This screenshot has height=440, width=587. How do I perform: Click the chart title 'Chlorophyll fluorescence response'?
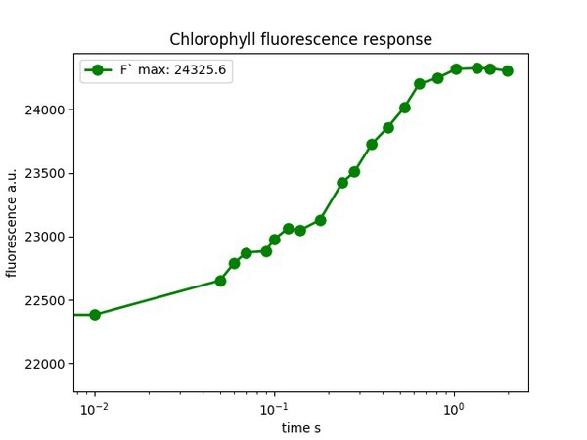[300, 40]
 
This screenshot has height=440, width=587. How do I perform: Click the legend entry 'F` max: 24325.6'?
[158, 71]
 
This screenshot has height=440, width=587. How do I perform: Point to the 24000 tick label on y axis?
[47, 110]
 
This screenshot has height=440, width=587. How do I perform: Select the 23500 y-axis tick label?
[47, 173]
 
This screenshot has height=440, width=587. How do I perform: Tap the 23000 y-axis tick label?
[47, 237]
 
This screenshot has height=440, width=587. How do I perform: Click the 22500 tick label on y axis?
[47, 300]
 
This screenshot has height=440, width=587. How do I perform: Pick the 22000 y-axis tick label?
[47, 364]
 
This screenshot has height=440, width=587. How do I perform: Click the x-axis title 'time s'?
[300, 428]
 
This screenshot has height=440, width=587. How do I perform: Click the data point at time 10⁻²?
[95, 315]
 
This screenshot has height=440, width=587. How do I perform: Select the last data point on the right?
[508, 71]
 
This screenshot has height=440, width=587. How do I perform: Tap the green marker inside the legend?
[98, 71]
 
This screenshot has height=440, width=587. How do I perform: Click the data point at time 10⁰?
[456, 69]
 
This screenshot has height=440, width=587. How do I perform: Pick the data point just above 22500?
[221, 281]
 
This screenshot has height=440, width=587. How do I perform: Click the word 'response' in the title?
[396, 40]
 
